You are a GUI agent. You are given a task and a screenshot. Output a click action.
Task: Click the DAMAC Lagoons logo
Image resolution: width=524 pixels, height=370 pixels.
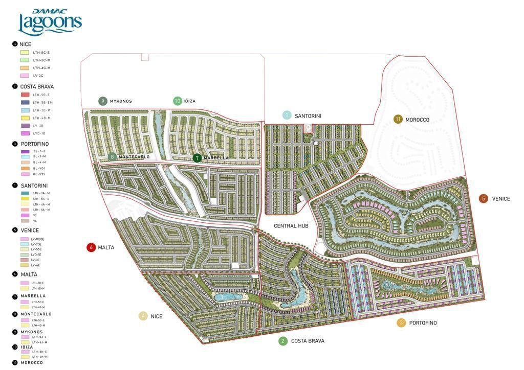(50, 22)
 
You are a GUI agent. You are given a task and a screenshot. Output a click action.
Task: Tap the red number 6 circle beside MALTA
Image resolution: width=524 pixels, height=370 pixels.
(92, 247)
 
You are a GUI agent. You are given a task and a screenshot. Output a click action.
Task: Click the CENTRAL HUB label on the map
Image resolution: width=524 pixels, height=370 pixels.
(291, 226)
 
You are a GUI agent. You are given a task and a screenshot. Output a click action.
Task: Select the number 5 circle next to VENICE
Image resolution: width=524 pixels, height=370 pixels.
(484, 199)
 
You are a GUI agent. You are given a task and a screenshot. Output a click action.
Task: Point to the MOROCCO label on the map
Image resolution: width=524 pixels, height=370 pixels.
(417, 120)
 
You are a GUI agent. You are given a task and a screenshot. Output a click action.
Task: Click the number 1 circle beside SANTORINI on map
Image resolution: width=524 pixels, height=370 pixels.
(287, 115)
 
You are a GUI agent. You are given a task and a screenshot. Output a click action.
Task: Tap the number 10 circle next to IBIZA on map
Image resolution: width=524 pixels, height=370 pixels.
(178, 101)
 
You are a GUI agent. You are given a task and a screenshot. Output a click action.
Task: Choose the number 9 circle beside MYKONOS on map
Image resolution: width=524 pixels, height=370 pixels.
(103, 101)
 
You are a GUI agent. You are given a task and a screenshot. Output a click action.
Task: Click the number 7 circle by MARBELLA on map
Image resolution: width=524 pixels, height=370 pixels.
(197, 158)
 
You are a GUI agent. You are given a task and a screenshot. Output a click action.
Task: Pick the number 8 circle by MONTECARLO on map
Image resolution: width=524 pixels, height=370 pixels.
(112, 157)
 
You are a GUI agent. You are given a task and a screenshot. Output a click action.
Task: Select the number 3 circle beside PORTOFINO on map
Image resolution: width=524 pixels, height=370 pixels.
(401, 322)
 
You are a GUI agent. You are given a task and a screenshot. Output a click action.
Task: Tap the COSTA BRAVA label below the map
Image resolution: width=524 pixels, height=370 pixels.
(308, 341)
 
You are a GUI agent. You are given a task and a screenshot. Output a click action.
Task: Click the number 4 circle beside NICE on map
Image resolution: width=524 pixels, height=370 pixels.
(143, 316)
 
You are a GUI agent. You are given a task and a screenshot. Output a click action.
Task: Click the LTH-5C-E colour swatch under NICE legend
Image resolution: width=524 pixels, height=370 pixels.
(24, 53)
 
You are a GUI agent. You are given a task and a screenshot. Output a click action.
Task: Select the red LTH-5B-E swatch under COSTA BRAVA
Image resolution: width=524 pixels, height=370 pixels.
(25, 95)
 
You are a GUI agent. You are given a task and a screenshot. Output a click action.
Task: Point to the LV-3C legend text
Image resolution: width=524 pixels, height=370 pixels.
(38, 76)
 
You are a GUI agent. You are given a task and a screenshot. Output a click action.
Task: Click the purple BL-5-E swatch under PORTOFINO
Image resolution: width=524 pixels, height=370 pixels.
(25, 151)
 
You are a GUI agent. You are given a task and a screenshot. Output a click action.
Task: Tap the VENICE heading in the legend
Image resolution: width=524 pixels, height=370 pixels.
(30, 230)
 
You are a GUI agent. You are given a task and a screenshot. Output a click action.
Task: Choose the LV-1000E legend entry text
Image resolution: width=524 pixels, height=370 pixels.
(38, 239)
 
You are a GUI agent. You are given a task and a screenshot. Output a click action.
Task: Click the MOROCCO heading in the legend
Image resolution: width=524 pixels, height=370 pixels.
(32, 363)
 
